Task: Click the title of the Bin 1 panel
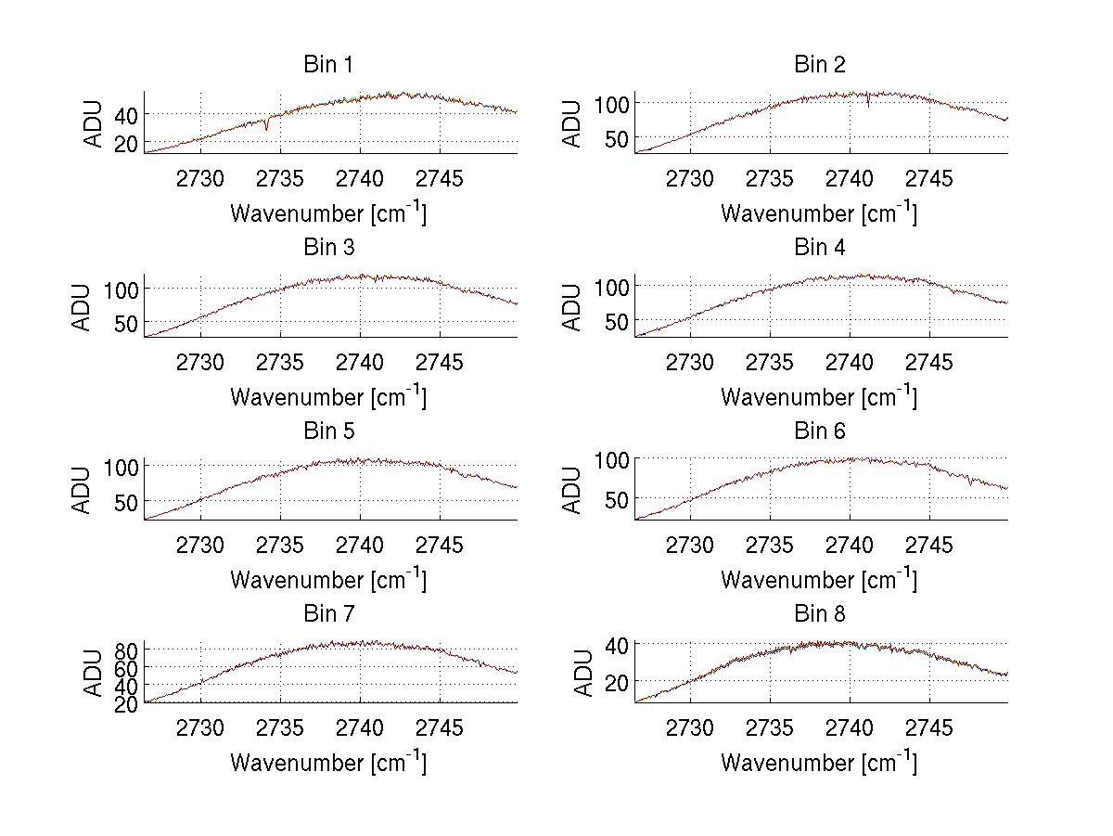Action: (x=328, y=65)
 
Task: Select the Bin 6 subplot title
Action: (x=819, y=431)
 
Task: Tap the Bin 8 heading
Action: (x=819, y=614)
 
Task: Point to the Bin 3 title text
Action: (x=328, y=248)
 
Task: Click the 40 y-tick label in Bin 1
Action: (x=125, y=114)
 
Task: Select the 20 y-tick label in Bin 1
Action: (x=125, y=143)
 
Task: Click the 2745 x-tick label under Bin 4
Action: (x=929, y=362)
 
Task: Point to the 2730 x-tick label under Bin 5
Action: (x=200, y=545)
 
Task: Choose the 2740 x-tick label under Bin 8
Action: (x=850, y=727)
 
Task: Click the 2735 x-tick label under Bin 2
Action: (x=770, y=179)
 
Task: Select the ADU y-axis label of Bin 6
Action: (x=573, y=490)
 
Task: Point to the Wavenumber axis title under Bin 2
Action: (x=819, y=213)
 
